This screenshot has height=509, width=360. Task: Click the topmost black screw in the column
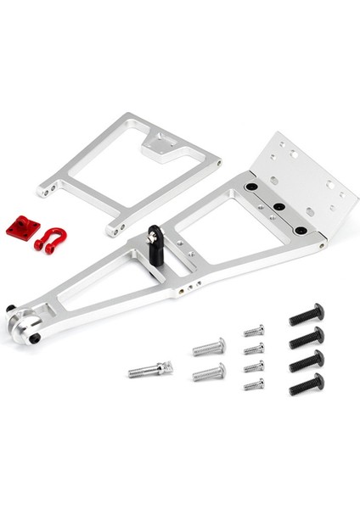tap(306, 316)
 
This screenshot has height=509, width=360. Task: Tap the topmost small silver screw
tap(254, 330)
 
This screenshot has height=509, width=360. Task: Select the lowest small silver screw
tap(254, 384)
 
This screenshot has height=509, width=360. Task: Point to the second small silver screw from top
tap(254, 348)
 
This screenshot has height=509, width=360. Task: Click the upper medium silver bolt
tap(209, 346)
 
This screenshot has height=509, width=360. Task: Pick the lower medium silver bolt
tap(209, 372)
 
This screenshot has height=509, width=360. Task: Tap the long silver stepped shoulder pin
tap(151, 369)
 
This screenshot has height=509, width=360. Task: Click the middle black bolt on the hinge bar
tap(277, 207)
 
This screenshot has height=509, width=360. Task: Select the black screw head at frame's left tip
tap(11, 308)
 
